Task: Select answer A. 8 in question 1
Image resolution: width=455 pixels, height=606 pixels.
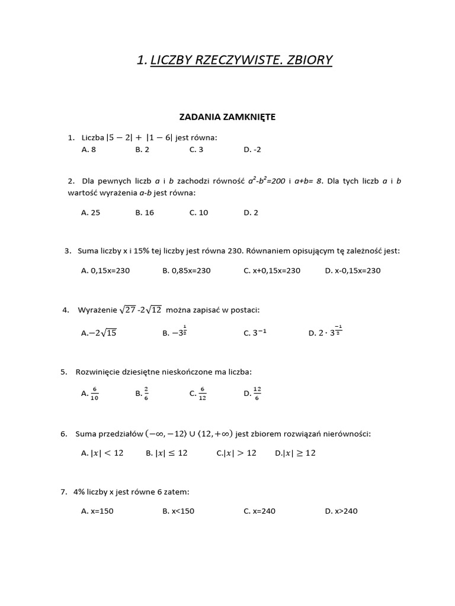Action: point(88,150)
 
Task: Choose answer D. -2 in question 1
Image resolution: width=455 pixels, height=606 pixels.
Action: point(251,150)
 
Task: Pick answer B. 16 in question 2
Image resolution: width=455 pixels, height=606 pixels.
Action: point(145,212)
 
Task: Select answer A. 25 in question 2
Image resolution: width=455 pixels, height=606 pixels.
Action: point(91,212)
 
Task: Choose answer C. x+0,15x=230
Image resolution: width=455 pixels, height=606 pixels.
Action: point(272,270)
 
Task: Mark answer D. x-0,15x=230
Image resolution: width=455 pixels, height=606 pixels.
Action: point(353,270)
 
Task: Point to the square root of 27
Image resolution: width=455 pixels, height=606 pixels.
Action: point(127,310)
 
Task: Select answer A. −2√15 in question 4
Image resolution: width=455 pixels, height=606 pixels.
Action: point(99,333)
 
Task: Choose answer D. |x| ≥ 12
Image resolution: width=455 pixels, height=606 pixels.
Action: point(296,453)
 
